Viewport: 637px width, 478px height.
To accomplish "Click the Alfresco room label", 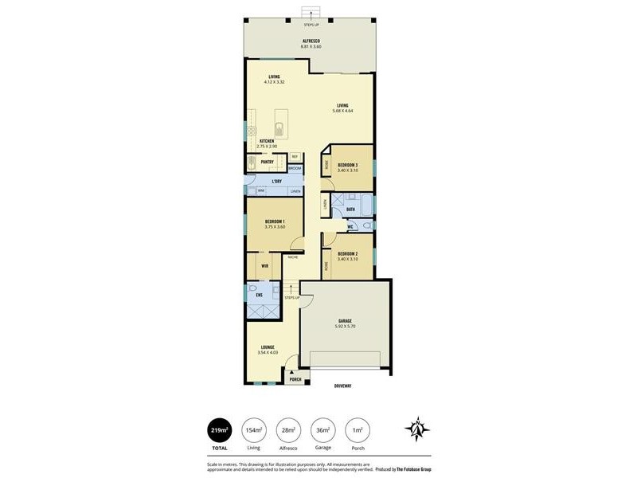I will point(310,41).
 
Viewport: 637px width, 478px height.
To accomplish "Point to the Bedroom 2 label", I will point(347,253).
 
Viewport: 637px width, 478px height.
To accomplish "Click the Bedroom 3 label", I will point(347,165).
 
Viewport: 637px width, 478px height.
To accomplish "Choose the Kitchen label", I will point(266,141).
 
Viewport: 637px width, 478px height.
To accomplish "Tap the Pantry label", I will point(268,162).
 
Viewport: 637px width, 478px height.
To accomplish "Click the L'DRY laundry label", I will point(276,182).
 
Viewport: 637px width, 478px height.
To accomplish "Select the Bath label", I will point(350,210).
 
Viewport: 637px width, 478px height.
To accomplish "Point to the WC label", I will point(350,227).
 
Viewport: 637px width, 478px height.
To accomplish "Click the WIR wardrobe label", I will point(264,265).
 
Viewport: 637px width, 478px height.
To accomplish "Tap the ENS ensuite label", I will point(259,295).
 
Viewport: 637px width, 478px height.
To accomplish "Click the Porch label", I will point(295,379).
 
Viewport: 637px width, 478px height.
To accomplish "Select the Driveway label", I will point(342,386).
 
